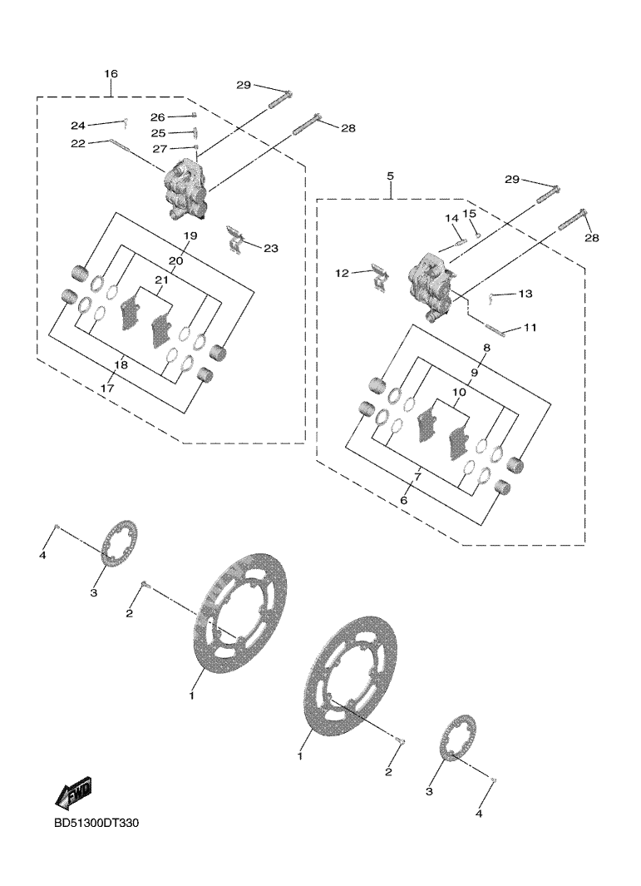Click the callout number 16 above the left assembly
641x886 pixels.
(111, 74)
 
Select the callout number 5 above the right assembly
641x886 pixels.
(390, 176)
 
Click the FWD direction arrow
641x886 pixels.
(72, 793)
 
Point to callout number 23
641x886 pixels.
(271, 248)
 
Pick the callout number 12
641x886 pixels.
(343, 273)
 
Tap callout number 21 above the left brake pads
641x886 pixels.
(160, 280)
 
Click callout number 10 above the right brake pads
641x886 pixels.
(458, 391)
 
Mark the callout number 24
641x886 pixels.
(77, 126)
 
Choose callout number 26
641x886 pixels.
(158, 117)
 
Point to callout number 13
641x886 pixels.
(525, 294)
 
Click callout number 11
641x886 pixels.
(530, 328)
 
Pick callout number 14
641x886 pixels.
(451, 219)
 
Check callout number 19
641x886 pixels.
(190, 236)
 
